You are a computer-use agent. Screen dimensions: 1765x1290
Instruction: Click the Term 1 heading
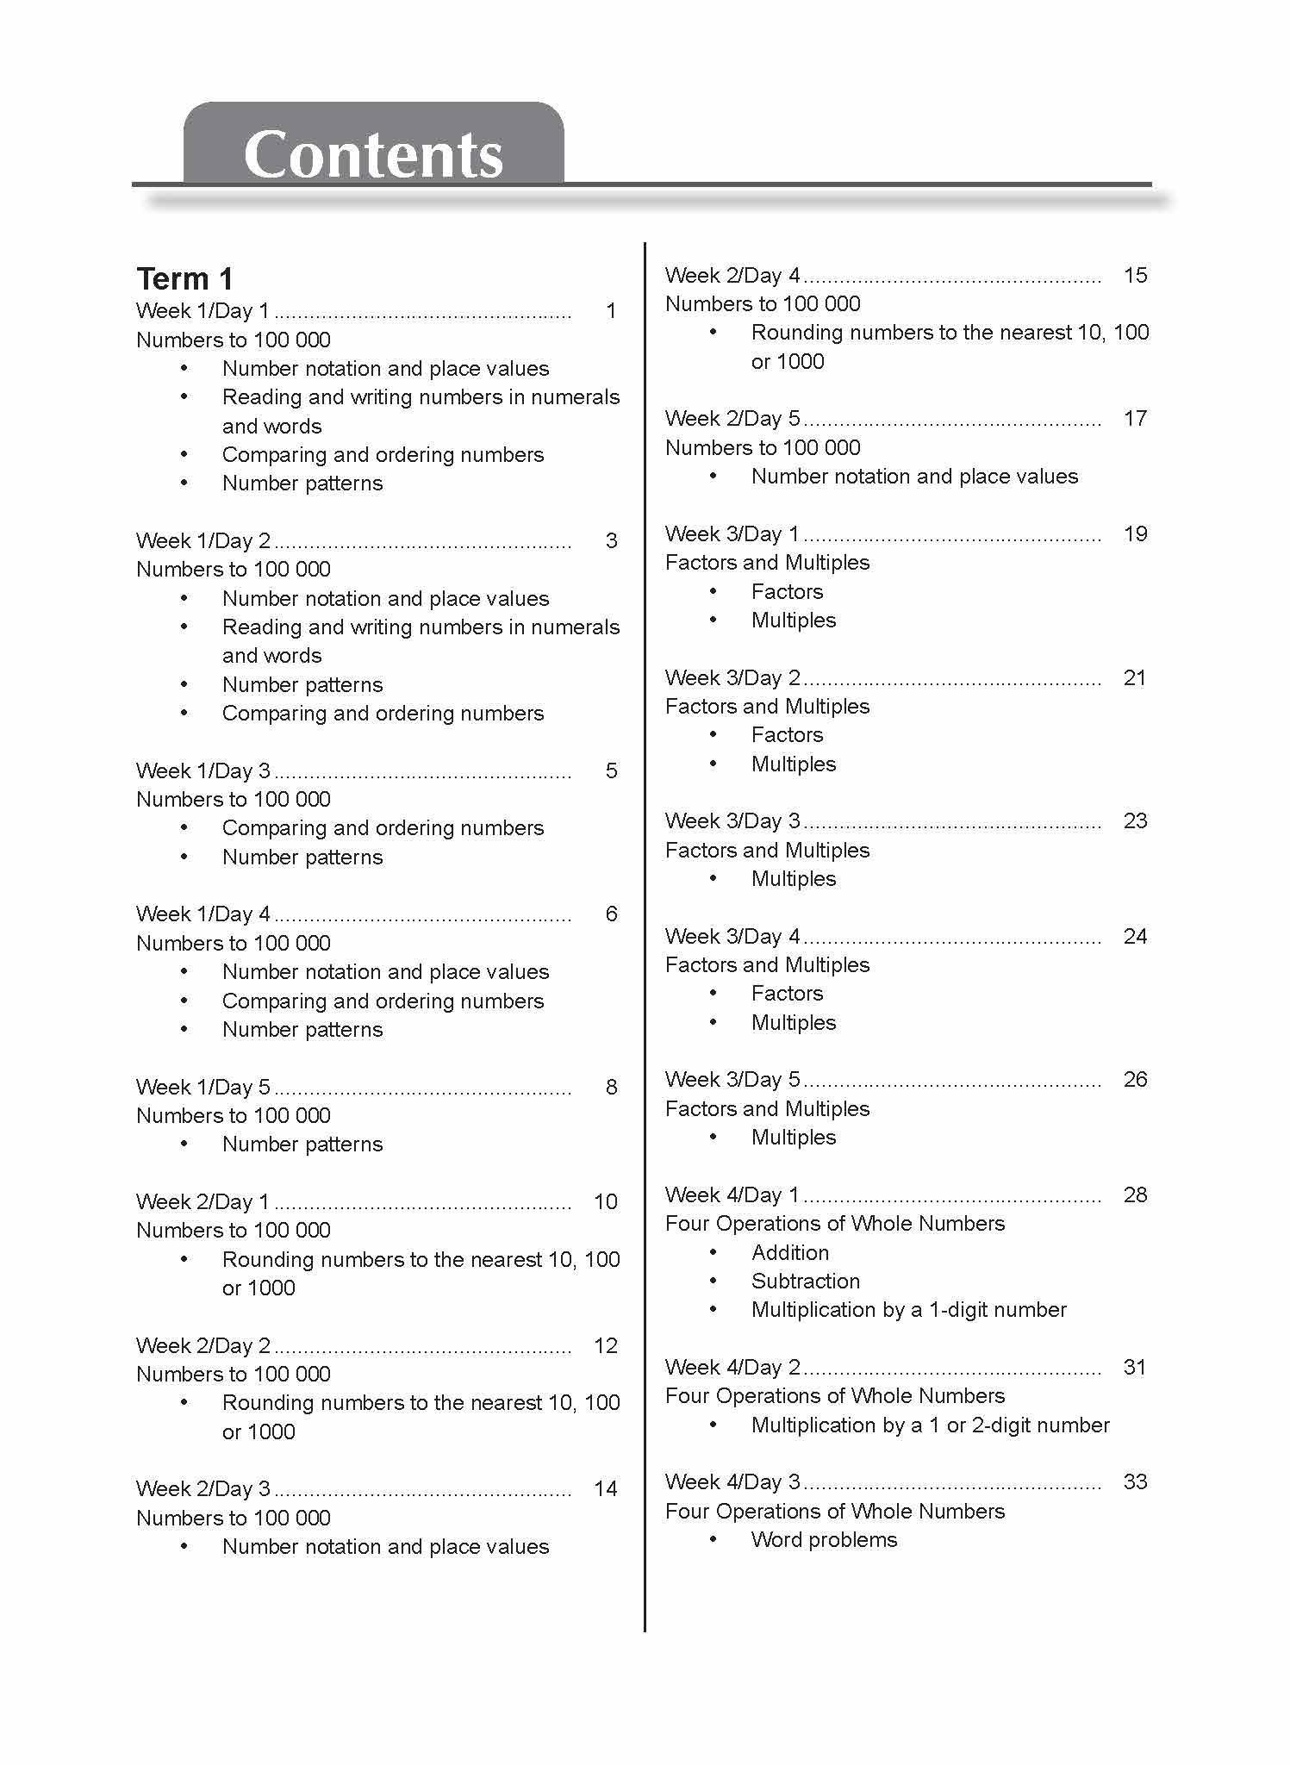click(x=184, y=278)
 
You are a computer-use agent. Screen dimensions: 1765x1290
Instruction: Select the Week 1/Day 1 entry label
click(x=203, y=310)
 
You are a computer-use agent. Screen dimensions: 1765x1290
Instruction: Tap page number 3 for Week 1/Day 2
click(x=611, y=540)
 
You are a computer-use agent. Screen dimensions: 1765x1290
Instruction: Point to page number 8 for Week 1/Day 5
click(x=611, y=1087)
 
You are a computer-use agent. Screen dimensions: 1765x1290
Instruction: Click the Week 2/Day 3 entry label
click(x=203, y=1488)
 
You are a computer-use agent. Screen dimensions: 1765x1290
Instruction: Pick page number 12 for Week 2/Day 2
click(x=606, y=1345)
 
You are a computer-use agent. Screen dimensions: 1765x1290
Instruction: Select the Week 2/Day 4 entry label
click(x=732, y=275)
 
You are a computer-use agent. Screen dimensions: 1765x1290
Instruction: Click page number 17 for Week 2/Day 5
click(x=1135, y=418)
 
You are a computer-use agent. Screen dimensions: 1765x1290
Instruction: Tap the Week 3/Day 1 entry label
click(x=732, y=533)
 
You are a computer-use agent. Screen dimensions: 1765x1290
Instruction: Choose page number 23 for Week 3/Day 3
click(x=1135, y=820)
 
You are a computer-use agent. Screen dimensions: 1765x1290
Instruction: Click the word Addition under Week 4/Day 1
click(x=789, y=1252)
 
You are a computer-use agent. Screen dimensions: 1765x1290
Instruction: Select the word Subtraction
click(x=805, y=1281)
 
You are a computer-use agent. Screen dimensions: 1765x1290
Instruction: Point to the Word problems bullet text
click(x=824, y=1539)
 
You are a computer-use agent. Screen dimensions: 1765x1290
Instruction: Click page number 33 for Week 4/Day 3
click(x=1135, y=1481)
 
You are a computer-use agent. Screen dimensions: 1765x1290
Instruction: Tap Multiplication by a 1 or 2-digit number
click(x=930, y=1425)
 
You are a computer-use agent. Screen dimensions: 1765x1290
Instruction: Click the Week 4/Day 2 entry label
click(x=732, y=1367)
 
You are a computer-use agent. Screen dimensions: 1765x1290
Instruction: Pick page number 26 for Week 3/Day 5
click(x=1135, y=1079)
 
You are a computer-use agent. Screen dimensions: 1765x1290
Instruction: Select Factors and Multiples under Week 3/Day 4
click(x=767, y=964)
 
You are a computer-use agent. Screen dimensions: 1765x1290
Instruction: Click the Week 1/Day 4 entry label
click(x=203, y=914)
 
